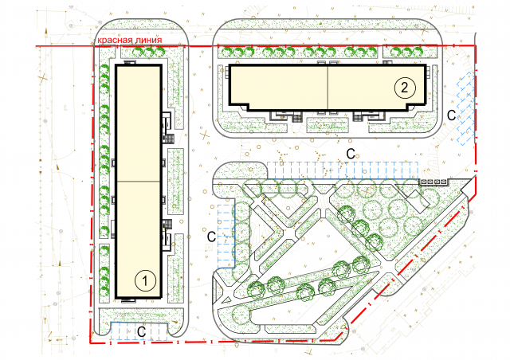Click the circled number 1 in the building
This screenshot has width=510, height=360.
(145, 280)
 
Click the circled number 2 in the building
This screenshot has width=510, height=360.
(405, 88)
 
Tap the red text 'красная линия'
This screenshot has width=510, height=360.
(130, 40)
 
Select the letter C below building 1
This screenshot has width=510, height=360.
(142, 331)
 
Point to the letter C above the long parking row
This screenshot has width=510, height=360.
(351, 154)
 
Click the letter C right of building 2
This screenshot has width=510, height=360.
(452, 115)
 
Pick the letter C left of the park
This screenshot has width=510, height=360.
(212, 237)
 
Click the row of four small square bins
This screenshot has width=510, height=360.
(433, 182)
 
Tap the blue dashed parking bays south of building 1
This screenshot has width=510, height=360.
(139, 331)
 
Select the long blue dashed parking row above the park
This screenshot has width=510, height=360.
(343, 170)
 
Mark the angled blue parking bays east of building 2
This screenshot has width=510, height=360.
(465, 108)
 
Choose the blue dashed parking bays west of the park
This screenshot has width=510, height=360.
(226, 233)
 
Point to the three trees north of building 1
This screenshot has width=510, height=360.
(149, 52)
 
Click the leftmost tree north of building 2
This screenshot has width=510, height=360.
(227, 52)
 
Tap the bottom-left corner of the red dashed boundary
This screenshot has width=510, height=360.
(90, 342)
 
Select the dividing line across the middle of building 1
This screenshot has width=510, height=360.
(139, 181)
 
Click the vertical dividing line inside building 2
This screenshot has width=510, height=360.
(328, 88)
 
